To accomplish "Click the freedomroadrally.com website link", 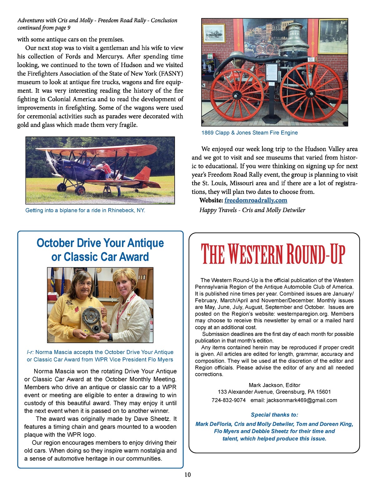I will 256,200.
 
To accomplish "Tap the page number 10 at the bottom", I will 187,474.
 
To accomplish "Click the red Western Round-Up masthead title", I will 273,254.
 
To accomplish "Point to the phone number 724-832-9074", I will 228,400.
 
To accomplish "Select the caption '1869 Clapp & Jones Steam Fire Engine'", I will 249,133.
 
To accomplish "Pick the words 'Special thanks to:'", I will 274,415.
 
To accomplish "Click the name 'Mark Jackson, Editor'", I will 274,385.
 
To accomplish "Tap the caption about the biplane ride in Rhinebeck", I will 85,210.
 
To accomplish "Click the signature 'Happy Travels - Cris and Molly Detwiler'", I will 252,210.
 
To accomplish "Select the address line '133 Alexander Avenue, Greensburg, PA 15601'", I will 274,392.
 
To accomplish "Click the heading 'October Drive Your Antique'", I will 100,243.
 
